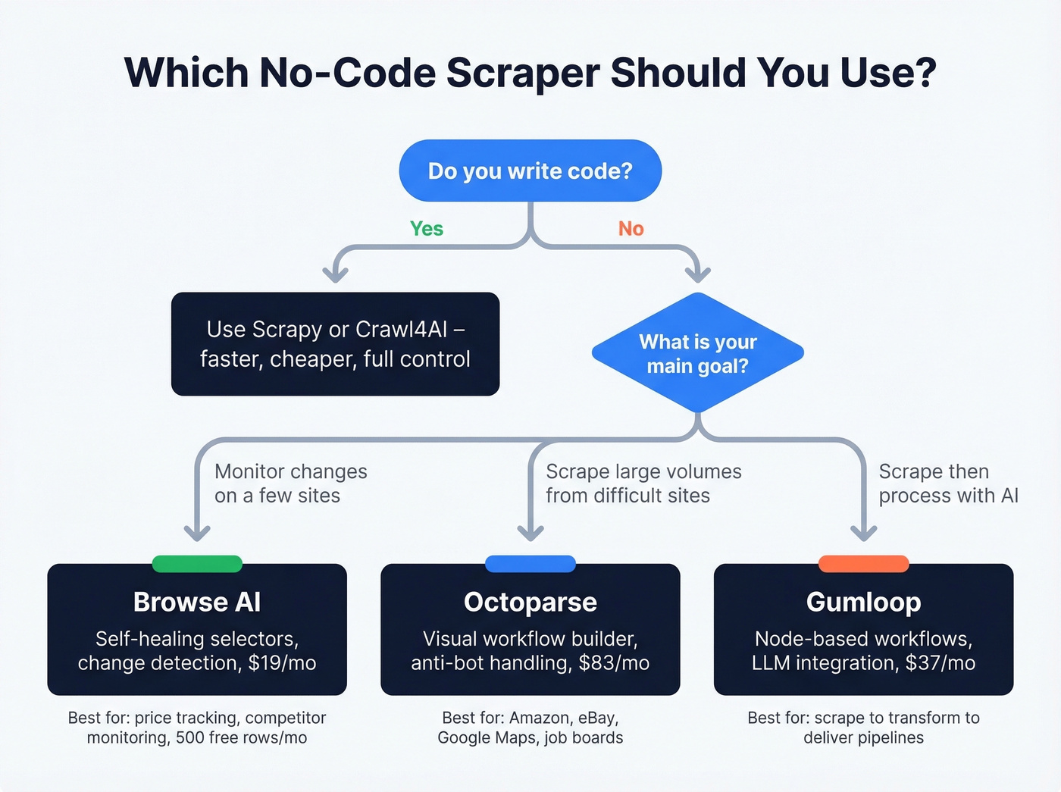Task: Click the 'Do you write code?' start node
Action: tap(530, 171)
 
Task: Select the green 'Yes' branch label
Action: tap(427, 229)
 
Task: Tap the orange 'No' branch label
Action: tap(631, 229)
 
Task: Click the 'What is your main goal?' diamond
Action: tap(697, 353)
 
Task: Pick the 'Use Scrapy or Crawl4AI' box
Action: tap(335, 344)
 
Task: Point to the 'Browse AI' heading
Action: tap(197, 602)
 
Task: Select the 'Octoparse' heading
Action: tap(530, 602)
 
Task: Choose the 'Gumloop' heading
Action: tap(863, 602)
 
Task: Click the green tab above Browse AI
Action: tap(197, 564)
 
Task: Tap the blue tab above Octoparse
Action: tap(530, 564)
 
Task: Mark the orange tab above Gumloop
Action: tap(863, 564)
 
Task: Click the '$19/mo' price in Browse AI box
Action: tap(282, 663)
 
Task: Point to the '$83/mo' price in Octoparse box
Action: tap(614, 663)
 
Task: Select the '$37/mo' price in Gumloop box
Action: tap(941, 663)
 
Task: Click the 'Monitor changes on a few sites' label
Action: tap(290, 484)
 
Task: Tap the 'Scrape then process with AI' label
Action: tap(947, 484)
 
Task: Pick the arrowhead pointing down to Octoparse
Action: tap(530, 532)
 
